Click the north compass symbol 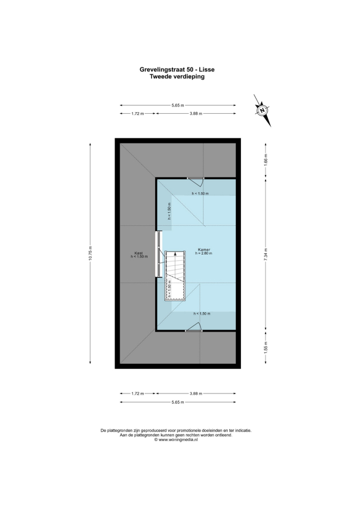(x=262, y=110)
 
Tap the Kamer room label (x=204, y=249)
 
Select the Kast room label (x=139, y=253)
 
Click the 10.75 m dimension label (x=90, y=253)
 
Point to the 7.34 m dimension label (x=266, y=253)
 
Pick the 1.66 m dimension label (x=266, y=161)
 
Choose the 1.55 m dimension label (x=266, y=347)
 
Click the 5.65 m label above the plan (x=178, y=105)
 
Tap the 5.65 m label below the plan (x=178, y=402)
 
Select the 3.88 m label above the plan (x=196, y=114)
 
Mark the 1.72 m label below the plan (x=137, y=393)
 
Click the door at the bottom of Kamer (x=193, y=327)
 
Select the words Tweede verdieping (x=177, y=77)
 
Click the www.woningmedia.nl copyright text (x=176, y=440)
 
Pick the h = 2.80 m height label (x=204, y=253)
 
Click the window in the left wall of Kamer (x=159, y=254)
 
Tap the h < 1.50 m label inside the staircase (x=169, y=289)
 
